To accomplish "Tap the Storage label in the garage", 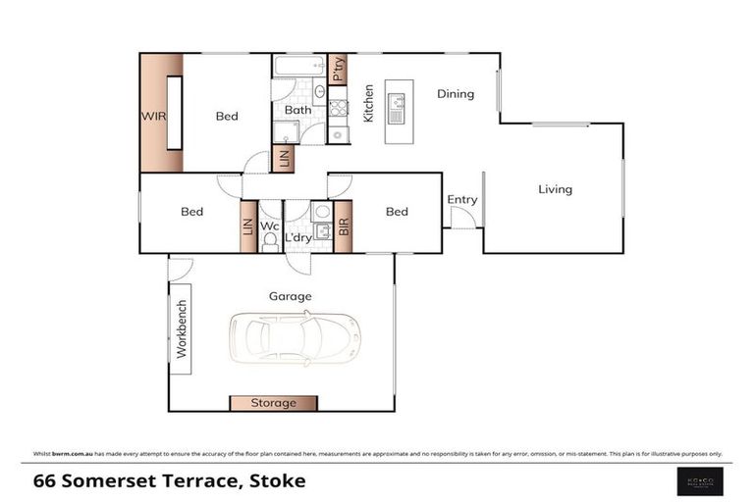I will [274, 403].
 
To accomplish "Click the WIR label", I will [152, 116].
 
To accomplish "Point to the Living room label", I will [555, 189].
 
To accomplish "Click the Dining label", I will [456, 94].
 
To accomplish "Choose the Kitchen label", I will [369, 103].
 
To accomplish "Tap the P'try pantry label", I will [338, 70].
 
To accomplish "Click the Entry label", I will [461, 200].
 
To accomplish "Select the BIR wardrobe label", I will [344, 226].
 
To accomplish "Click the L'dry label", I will [298, 238].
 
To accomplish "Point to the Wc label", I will [269, 226].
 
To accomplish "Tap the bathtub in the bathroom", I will [298, 68].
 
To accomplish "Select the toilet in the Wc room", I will [270, 242].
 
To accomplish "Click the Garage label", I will [290, 295].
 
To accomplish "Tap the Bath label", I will [297, 110].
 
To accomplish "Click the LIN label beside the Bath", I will [285, 158].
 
